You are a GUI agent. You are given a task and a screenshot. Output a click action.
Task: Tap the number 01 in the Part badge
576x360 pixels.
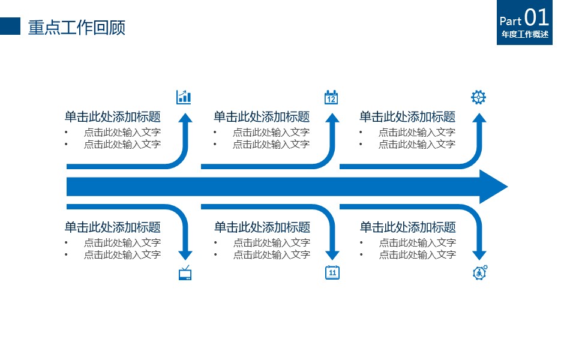point(536,17)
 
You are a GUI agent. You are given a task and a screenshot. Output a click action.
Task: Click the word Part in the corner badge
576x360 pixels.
point(511,21)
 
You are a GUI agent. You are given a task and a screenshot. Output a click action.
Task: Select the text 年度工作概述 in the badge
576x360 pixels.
point(525,35)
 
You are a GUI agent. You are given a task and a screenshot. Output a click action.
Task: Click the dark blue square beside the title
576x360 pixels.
point(10,26)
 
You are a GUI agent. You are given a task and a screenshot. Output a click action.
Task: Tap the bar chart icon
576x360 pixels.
point(184,97)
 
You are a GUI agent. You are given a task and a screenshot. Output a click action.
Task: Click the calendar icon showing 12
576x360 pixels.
point(331,97)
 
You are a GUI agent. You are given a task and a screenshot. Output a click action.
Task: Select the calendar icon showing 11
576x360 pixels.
point(332,272)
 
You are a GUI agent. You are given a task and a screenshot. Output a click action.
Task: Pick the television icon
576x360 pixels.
point(185,274)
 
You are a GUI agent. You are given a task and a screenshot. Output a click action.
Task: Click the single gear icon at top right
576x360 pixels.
point(478,97)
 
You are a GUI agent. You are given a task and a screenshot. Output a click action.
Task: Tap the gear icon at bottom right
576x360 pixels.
point(479,272)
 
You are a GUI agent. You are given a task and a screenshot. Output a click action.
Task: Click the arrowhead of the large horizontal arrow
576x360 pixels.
point(493,187)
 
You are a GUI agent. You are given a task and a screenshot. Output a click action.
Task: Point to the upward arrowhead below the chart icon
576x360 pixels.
point(185,118)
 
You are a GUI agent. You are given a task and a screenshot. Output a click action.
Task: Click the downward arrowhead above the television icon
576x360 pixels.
point(185,254)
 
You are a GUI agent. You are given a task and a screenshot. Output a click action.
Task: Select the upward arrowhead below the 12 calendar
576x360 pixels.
point(332,118)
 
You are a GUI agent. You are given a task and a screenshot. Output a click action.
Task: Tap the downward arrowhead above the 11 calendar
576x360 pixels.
point(332,254)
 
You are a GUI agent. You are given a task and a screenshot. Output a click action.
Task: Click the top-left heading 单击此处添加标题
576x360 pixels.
point(113,117)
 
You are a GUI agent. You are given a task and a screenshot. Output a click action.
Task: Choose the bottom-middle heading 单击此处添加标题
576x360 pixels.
point(262,227)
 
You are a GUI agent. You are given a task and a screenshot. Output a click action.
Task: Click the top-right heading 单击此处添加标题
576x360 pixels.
point(407,117)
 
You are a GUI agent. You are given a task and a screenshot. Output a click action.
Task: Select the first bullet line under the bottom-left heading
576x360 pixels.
point(122,243)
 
